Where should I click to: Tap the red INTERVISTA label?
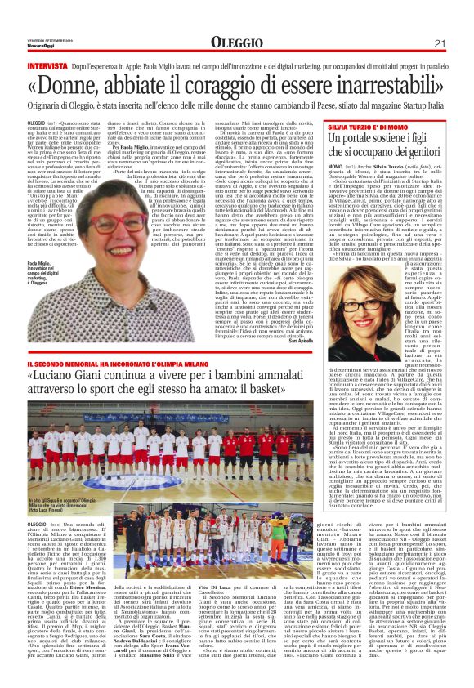pyautogui.click(x=47, y=64)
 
